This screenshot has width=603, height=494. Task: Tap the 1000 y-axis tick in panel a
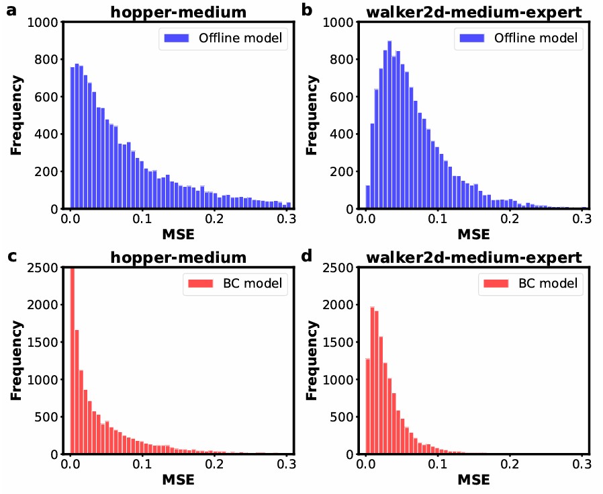tap(47, 22)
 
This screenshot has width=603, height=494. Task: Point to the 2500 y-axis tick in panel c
tap(47, 267)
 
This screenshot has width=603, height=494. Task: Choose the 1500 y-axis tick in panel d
tap(342, 342)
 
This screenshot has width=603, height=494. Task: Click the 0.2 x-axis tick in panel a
tap(214, 219)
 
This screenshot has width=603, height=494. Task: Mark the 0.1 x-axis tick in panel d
tap(438, 464)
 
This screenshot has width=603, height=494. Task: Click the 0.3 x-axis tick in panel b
tap(582, 219)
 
